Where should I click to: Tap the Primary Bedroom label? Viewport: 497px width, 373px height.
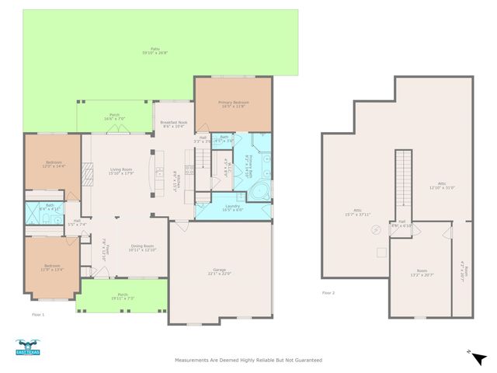[232, 104]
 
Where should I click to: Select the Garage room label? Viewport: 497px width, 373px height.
[221, 272]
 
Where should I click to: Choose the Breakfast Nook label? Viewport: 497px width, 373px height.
[174, 124]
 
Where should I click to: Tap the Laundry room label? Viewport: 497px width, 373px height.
[232, 207]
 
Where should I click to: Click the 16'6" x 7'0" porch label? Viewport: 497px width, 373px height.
[115, 117]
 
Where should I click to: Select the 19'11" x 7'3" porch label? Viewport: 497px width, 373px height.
[123, 296]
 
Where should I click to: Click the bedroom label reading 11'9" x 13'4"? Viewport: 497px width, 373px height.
[51, 268]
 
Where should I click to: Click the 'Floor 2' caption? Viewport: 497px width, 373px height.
[328, 293]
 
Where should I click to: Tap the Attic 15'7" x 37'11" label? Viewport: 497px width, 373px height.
[356, 213]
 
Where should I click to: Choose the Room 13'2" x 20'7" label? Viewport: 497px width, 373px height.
[422, 274]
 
